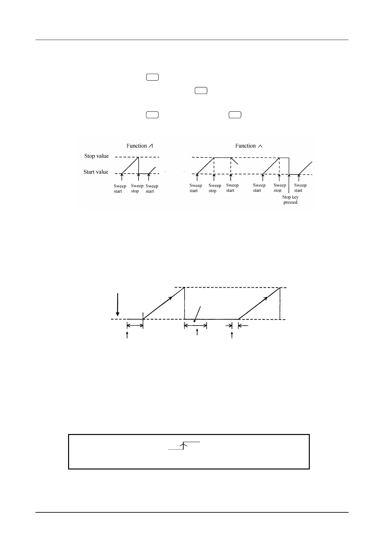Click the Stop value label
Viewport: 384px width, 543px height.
(96, 156)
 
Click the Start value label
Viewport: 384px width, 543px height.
(96, 172)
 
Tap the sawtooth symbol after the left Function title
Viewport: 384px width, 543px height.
(150, 146)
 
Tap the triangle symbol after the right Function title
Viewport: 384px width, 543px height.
(260, 146)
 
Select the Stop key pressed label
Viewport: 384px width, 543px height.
(290, 200)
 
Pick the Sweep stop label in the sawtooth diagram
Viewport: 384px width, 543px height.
(137, 188)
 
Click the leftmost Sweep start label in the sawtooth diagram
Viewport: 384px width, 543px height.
(120, 189)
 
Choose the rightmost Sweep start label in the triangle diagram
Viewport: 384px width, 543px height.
(300, 188)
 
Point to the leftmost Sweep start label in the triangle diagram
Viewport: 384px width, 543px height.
(196, 188)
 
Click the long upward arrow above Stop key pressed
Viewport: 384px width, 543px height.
(289, 184)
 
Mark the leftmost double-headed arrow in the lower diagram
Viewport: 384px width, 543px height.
(135, 326)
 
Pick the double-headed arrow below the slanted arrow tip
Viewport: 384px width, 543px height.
(195, 326)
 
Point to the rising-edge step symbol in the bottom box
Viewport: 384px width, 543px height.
(184, 445)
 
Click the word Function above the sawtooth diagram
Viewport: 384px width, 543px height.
(136, 146)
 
